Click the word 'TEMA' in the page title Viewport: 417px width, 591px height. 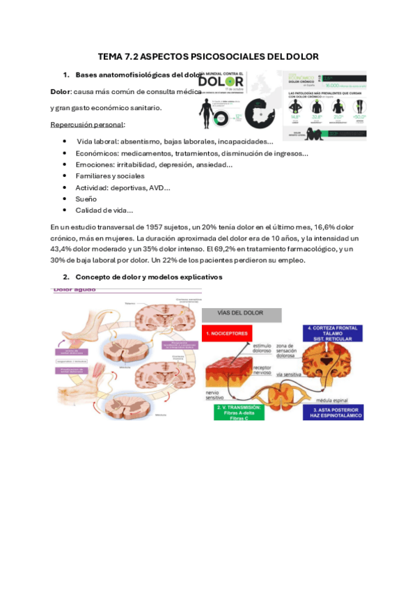[x=112, y=56]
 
